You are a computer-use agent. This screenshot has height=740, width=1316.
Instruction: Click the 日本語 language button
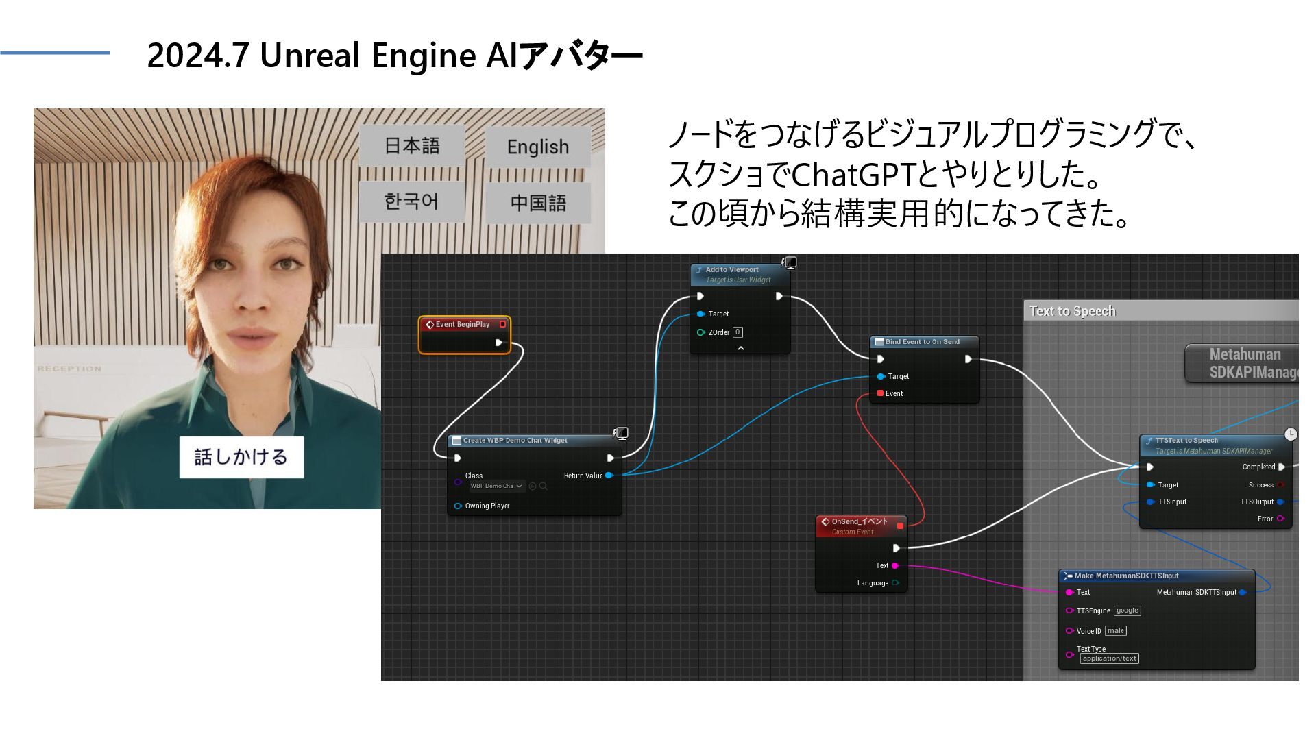[412, 146]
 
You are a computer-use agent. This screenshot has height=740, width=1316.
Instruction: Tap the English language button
[538, 147]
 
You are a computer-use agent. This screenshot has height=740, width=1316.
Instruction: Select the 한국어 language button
[411, 201]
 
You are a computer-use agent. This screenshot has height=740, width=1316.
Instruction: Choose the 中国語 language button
[538, 203]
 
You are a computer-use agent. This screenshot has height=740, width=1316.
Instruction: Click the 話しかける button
[241, 457]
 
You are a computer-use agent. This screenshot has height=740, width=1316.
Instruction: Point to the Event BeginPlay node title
[463, 325]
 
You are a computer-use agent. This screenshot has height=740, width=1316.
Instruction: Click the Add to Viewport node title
[732, 270]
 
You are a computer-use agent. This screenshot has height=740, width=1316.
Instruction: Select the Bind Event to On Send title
[922, 342]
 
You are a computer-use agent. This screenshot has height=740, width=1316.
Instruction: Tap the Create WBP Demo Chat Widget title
[515, 441]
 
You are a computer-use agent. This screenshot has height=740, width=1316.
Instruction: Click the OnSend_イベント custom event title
[859, 522]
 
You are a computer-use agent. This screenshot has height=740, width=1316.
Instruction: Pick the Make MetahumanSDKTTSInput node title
[1126, 576]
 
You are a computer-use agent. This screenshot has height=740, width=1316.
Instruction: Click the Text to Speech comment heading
[1072, 311]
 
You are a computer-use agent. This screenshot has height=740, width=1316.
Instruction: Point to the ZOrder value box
[738, 332]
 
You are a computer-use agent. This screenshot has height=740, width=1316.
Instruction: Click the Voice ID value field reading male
[1115, 631]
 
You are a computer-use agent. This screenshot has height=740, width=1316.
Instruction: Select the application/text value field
[1109, 658]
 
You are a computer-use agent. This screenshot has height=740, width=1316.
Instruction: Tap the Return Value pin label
[583, 476]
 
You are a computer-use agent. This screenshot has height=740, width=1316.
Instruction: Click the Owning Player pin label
[487, 506]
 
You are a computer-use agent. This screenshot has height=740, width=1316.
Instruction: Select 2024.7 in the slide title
[197, 56]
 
